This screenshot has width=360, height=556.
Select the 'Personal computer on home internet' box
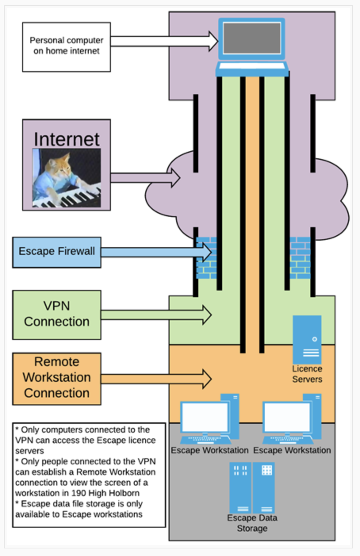point(66,47)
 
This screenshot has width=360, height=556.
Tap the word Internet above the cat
point(66,139)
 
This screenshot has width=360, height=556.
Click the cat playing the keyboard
point(66,178)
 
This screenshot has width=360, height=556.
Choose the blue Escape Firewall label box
point(57,252)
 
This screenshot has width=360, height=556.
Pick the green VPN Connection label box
point(57,314)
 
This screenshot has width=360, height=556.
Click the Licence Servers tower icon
point(307,339)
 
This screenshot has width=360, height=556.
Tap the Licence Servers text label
point(307,374)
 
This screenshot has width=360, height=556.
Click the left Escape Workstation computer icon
point(209,420)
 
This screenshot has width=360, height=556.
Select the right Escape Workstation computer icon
point(292,420)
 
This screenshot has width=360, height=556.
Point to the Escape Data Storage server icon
point(252,487)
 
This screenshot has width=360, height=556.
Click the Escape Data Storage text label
point(252,523)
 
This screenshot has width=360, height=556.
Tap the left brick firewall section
point(207,258)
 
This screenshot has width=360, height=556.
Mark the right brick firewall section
point(300,258)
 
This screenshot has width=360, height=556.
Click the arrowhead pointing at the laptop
point(213,41)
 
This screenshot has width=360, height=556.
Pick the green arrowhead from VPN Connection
point(207,315)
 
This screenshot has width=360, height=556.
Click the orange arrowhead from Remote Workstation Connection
point(207,379)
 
